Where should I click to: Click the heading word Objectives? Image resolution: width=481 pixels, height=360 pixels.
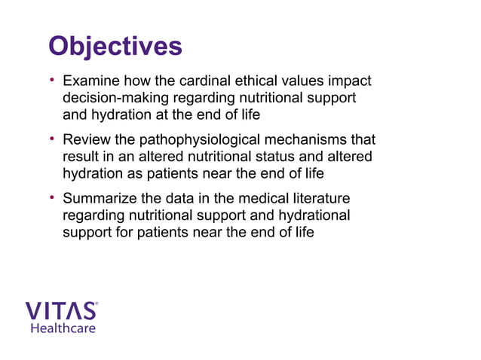tap(115, 46)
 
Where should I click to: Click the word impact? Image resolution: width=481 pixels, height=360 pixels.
tap(351, 81)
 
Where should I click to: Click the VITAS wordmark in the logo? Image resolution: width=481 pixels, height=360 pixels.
tap(60, 311)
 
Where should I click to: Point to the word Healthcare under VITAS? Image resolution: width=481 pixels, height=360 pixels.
tap(63, 328)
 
